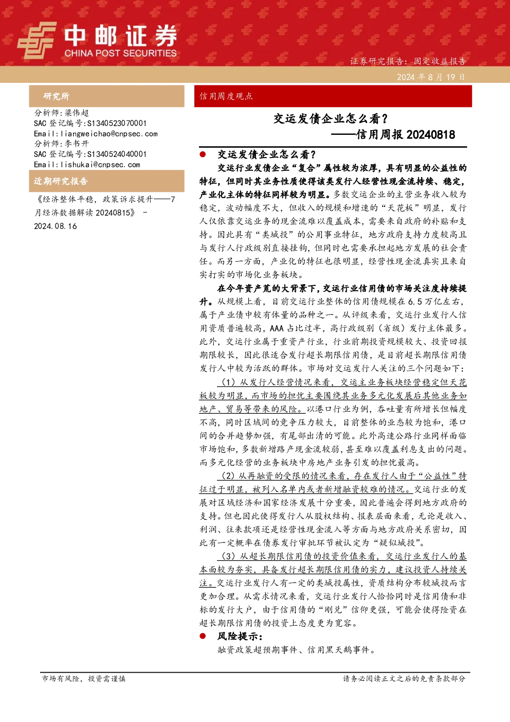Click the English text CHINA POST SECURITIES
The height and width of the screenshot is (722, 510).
pyautogui.click(x=120, y=53)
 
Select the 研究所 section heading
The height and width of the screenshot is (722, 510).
pyautogui.click(x=57, y=96)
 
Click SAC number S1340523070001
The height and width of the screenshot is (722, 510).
pyautogui.click(x=117, y=123)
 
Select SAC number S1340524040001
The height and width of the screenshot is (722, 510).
pyautogui.click(x=117, y=154)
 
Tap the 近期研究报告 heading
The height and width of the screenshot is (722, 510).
pyautogui.click(x=61, y=181)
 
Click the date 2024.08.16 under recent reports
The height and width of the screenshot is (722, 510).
pyautogui.click(x=56, y=226)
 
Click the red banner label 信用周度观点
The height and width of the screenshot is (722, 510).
pyautogui.click(x=226, y=96)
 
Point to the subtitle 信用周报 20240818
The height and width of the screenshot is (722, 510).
pyautogui.click(x=405, y=134)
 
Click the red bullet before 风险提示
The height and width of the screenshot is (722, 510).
pyautogui.click(x=203, y=636)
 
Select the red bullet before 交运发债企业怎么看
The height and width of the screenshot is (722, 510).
pyautogui.click(x=203, y=154)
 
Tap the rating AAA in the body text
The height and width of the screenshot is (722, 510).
pyautogui.click(x=277, y=328)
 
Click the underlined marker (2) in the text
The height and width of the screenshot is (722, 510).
pyautogui.click(x=228, y=476)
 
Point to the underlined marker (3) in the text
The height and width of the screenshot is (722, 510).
pyautogui.click(x=228, y=556)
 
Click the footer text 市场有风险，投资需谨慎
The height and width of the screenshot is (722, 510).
pyautogui.click(x=84, y=678)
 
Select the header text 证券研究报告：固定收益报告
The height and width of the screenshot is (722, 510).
pyautogui.click(x=408, y=61)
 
